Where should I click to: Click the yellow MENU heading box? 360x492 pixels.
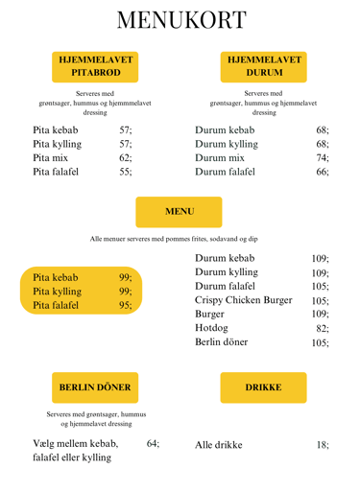click(180, 211)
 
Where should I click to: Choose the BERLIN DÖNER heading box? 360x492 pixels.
click(94, 387)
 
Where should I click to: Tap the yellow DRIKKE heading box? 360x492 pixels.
click(263, 387)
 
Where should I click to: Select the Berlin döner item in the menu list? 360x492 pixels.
click(221, 342)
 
